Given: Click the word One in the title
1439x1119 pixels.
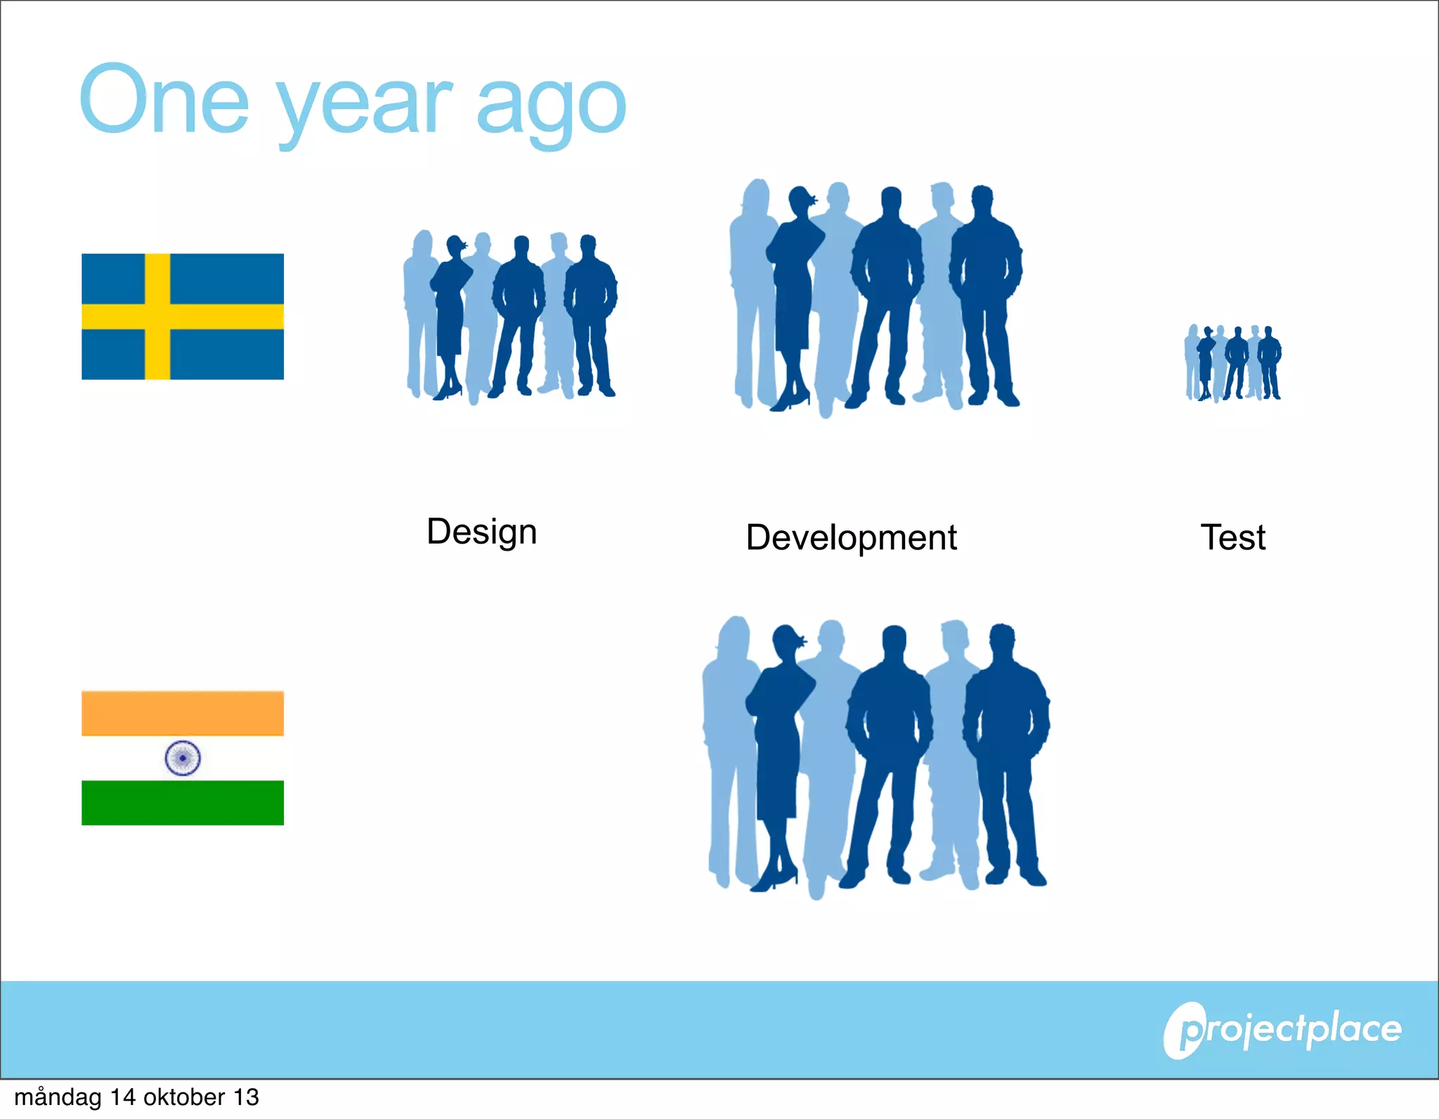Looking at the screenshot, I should point(164,100).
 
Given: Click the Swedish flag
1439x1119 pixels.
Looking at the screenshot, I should point(183,316).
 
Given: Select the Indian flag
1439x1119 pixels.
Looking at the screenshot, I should point(183,758).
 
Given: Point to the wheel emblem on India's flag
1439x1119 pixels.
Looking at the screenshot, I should point(183,758).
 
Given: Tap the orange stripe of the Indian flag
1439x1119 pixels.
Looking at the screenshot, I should point(183,713).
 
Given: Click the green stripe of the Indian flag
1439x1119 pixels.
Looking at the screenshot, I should point(183,802).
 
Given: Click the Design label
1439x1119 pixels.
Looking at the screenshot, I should point(482,532).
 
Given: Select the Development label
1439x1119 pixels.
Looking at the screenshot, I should point(851,537).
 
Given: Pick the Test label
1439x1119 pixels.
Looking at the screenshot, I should point(1232,537).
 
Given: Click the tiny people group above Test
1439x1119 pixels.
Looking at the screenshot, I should point(1233,362).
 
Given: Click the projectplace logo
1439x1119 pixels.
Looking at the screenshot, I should point(1283,1030).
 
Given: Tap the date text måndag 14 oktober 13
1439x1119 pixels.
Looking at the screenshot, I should point(136,1097).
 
